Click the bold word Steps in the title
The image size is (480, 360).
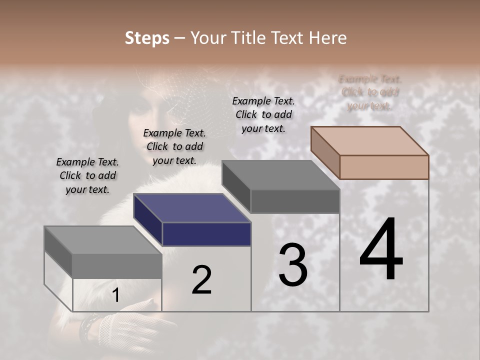point(147,38)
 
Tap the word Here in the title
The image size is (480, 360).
point(328,38)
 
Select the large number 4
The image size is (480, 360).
point(381,250)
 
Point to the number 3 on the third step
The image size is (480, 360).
point(293,265)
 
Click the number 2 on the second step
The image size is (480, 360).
point(201,280)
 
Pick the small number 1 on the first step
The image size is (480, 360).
point(116,295)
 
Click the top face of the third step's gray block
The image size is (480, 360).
point(280,175)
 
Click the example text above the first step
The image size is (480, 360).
point(87,175)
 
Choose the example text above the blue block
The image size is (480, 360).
point(174,146)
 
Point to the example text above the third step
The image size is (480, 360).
point(263,114)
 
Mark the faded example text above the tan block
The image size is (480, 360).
point(370,92)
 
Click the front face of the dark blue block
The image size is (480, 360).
point(206,234)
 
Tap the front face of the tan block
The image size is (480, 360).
point(384,167)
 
